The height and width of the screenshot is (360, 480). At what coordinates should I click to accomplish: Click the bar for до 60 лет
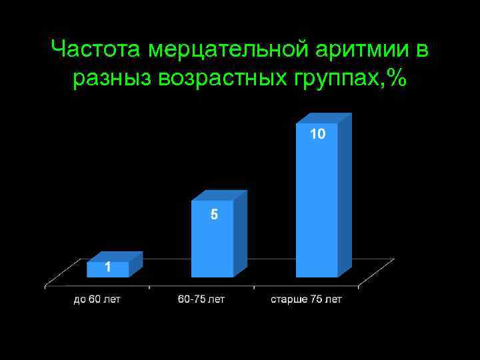[107, 269]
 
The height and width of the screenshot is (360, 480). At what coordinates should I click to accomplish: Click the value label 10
[317, 135]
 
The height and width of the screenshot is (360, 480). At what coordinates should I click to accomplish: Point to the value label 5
[214, 215]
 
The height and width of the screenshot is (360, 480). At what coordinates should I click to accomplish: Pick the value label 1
[107, 268]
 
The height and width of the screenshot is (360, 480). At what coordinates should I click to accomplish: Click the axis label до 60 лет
[97, 299]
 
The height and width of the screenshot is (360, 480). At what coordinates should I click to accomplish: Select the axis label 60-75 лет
[201, 299]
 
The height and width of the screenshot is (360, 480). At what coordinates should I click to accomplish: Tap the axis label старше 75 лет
[306, 299]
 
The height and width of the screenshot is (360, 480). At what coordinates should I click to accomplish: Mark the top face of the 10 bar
[324, 119]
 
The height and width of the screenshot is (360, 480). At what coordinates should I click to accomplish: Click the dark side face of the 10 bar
[345, 197]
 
